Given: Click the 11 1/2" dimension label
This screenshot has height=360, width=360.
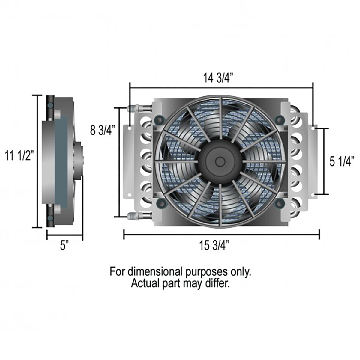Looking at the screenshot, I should click(19, 156).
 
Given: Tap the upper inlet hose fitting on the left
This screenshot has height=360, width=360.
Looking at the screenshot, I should click(134, 107).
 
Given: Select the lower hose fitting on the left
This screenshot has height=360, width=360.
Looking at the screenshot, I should click(134, 215).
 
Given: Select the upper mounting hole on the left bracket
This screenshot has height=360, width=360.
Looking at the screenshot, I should click(129, 128).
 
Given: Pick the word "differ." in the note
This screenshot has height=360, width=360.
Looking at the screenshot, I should click(218, 283).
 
